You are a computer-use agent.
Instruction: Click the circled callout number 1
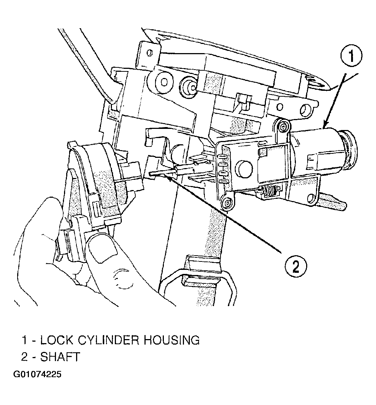click(351, 56)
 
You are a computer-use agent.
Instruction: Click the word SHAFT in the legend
click(60, 357)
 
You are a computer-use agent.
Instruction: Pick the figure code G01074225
click(37, 374)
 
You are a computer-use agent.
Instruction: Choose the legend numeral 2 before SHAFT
click(25, 357)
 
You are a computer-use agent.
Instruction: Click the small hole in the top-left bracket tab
click(150, 53)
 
